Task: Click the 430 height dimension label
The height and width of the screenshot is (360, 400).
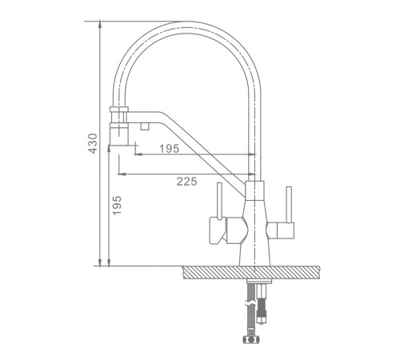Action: tap(93, 143)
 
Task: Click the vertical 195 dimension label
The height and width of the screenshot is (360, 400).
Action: tap(117, 205)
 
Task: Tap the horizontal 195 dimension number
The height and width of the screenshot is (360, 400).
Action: tap(170, 149)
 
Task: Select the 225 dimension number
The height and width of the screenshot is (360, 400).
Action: tap(187, 182)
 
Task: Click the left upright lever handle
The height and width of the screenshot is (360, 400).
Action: tap(219, 201)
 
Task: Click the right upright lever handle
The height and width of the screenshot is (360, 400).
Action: tap(289, 205)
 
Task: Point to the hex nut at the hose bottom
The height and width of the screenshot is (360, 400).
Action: tap(251, 339)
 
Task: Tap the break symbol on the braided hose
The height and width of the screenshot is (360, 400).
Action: tap(251, 304)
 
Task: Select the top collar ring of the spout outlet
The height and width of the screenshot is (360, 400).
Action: tap(119, 109)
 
